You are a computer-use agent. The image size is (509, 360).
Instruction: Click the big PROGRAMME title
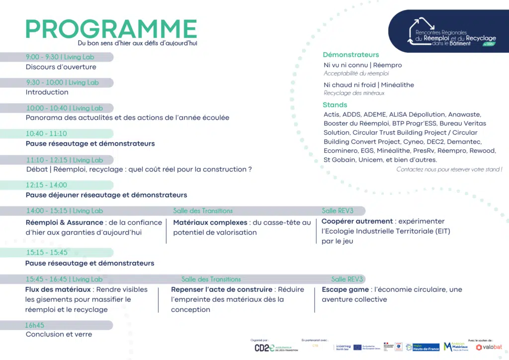point(111,29)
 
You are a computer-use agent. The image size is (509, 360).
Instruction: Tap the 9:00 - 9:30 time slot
point(43,57)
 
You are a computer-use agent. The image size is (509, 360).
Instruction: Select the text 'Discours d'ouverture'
point(61,67)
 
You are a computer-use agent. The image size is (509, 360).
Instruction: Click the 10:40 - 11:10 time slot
point(46,134)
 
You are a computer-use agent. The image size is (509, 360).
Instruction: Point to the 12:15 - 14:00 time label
point(46,185)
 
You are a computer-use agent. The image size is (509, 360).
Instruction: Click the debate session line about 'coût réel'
point(139,170)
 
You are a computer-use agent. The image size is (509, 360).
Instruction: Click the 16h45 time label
point(35,325)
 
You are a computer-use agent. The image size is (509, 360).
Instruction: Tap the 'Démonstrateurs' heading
point(351,55)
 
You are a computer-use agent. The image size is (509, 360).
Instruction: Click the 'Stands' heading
point(335,105)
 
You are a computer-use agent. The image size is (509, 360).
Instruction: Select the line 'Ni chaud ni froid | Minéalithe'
point(369,85)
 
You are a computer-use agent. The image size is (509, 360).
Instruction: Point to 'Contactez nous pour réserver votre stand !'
point(449,170)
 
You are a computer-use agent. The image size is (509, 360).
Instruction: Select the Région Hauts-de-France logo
point(423,347)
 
